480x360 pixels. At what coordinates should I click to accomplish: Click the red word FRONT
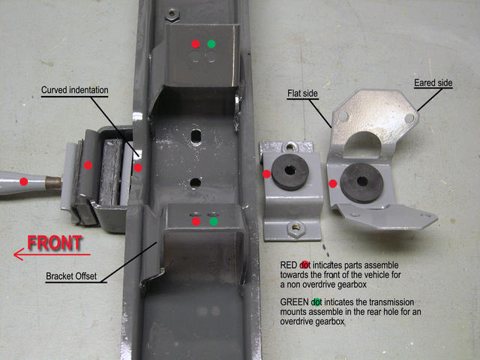[55, 243]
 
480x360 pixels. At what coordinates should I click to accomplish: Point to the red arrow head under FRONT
[18, 254]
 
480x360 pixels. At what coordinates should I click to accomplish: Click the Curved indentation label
[75, 90]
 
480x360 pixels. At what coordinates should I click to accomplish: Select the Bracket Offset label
[71, 276]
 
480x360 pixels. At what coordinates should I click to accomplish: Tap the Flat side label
[302, 93]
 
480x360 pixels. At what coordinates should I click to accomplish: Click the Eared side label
[433, 83]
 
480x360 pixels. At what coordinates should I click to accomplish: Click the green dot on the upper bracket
[211, 43]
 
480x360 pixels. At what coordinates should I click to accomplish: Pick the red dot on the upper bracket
[195, 43]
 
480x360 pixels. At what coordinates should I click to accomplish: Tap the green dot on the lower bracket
[214, 221]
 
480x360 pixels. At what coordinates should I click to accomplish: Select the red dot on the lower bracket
[196, 221]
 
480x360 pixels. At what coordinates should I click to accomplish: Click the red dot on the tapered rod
[23, 181]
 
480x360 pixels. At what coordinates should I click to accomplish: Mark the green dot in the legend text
[317, 302]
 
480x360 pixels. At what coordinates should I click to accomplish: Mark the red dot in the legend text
[304, 265]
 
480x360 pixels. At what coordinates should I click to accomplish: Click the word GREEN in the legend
[294, 302]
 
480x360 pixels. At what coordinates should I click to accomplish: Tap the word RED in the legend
[288, 265]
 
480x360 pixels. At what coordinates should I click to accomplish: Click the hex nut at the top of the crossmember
[172, 14]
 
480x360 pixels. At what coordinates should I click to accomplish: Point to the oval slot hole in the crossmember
[195, 136]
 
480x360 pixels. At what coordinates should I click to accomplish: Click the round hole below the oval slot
[195, 183]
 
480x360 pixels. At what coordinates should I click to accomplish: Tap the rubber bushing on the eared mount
[361, 182]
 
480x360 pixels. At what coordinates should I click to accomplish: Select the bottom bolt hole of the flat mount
[295, 227]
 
